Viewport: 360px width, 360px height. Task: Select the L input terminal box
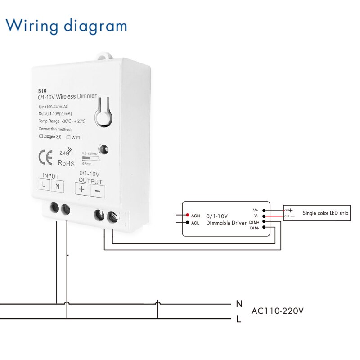coord(44,185)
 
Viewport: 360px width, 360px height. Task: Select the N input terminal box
coord(57,185)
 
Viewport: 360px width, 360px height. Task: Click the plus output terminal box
coord(81,189)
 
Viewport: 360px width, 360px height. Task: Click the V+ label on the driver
coord(256,210)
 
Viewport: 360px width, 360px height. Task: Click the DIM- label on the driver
coord(255,228)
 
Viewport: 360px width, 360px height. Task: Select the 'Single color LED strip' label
coord(325,213)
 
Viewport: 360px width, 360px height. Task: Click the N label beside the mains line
coord(239,304)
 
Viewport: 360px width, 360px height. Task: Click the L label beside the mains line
coord(239,319)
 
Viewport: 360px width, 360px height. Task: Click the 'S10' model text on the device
coord(42,90)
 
